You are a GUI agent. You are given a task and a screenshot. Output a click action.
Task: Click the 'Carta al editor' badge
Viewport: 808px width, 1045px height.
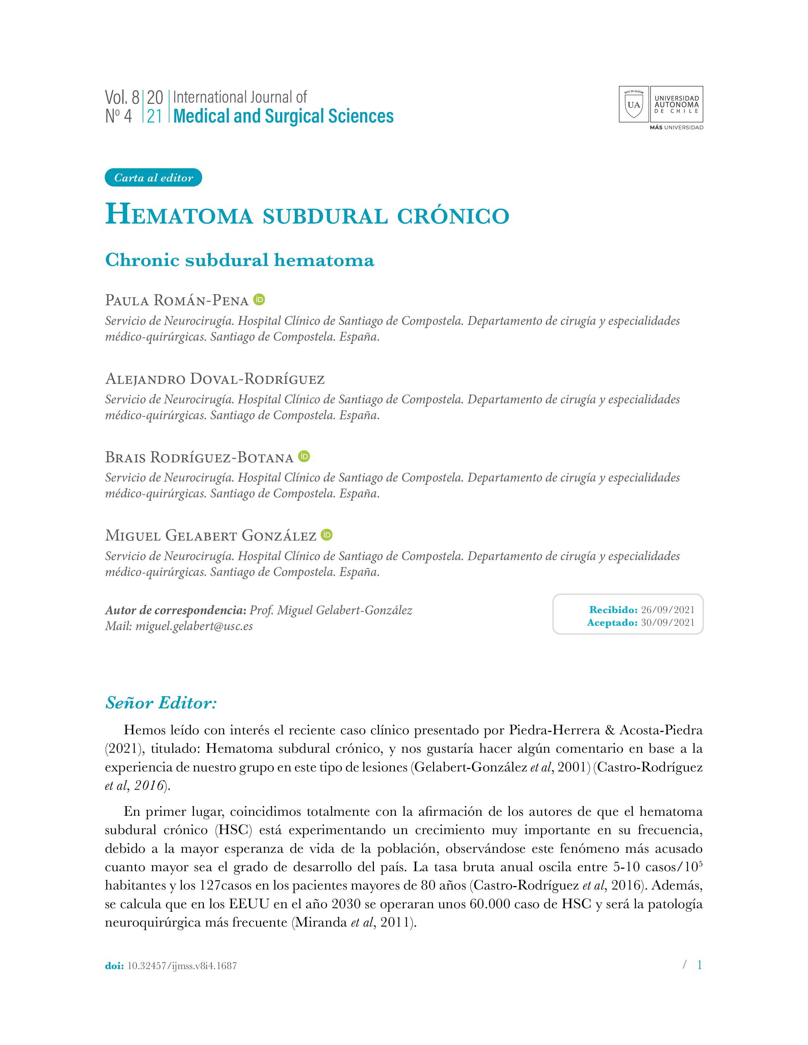tap(153, 178)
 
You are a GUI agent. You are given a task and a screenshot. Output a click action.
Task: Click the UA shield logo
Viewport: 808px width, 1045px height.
tap(633, 104)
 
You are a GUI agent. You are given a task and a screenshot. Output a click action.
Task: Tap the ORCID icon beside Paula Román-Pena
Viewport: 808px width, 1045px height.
tap(259, 300)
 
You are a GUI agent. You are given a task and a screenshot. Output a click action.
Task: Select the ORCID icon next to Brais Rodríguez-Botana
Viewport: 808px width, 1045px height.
tap(304, 456)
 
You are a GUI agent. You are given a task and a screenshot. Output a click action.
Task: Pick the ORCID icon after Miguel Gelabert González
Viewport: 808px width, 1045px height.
tap(326, 535)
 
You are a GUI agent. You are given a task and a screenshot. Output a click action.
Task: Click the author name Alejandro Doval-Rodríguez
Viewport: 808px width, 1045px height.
tap(215, 379)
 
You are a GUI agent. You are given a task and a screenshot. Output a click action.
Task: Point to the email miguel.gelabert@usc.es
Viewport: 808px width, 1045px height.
tap(194, 626)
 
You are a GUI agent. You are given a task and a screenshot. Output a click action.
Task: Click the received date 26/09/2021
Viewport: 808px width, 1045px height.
tap(667, 610)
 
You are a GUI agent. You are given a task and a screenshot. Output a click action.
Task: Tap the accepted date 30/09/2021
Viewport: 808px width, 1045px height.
tap(667, 623)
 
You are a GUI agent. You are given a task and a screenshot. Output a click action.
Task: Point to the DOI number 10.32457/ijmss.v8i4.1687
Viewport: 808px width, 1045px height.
tap(182, 966)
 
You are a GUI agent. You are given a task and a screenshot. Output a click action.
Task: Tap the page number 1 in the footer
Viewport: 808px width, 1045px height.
tap(699, 965)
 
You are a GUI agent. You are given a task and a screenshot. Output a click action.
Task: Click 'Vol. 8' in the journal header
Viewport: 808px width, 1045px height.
tap(122, 97)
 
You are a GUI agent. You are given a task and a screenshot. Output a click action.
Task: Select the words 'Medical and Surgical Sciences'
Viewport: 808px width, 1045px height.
tap(283, 116)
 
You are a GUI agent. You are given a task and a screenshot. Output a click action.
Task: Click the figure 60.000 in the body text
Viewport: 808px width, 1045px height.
tap(490, 904)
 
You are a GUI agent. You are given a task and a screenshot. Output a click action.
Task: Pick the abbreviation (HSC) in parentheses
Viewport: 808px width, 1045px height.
tap(234, 829)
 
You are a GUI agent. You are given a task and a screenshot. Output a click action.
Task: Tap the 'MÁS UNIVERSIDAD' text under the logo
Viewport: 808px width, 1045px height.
tap(676, 128)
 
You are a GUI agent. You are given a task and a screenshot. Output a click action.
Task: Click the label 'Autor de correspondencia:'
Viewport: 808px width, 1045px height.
tap(176, 610)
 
